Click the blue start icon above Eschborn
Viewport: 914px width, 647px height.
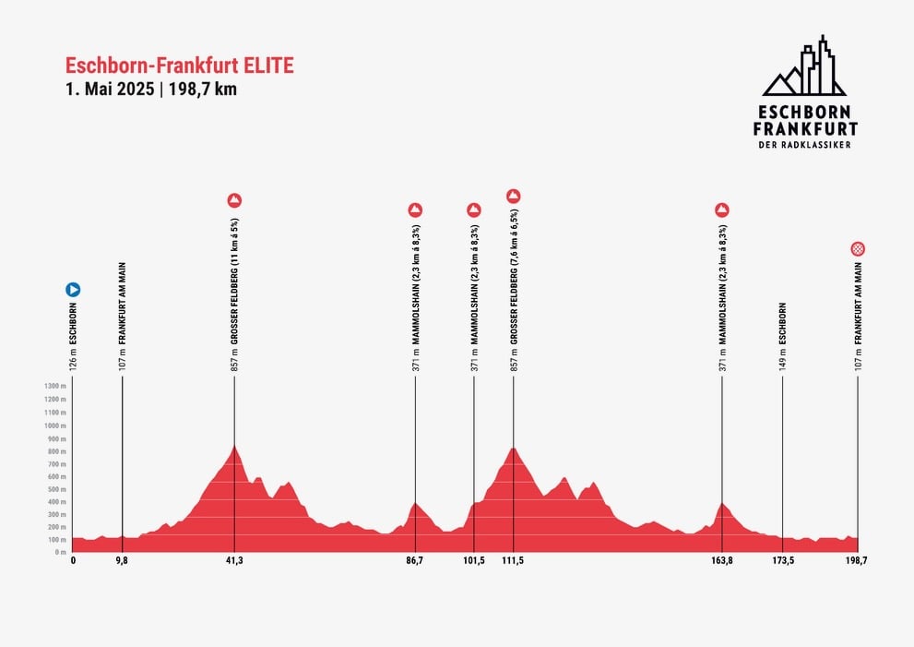[73, 289]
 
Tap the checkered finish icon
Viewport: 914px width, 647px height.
[858, 248]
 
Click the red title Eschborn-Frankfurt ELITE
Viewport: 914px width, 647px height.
[180, 66]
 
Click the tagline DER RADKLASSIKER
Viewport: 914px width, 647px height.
[805, 145]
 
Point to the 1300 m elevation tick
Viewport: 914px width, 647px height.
[55, 386]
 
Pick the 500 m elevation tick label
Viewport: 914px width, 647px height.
[56, 489]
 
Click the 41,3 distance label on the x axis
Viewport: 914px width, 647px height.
[234, 560]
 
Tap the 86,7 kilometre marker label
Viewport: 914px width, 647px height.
[414, 560]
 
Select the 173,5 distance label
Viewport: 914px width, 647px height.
[782, 560]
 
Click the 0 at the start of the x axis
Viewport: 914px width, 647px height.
[73, 560]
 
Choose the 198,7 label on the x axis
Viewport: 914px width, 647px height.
[857, 560]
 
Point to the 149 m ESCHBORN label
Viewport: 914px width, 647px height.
[782, 337]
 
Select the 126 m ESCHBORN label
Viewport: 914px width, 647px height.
[73, 337]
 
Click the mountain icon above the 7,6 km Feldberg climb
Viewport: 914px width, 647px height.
[514, 195]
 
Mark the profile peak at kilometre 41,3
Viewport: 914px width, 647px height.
[234, 447]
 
